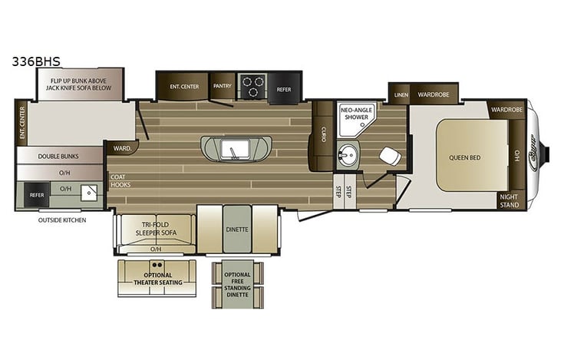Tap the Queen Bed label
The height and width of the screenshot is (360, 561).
(x=464, y=158)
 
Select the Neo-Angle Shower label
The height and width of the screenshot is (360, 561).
(x=357, y=113)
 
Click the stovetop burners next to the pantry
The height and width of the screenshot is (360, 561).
(x=251, y=85)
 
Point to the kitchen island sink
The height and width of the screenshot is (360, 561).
(x=231, y=147)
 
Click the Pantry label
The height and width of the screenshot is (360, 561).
(x=223, y=86)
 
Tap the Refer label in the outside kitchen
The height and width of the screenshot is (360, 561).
(x=37, y=196)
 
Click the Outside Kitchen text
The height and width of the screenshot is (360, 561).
(x=62, y=220)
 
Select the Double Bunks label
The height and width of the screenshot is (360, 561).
(x=59, y=156)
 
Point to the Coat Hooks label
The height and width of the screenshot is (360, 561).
(x=120, y=181)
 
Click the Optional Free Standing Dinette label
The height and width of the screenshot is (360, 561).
(x=237, y=284)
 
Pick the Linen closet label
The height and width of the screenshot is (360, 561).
(x=401, y=95)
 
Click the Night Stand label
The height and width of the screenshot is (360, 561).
(x=510, y=200)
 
